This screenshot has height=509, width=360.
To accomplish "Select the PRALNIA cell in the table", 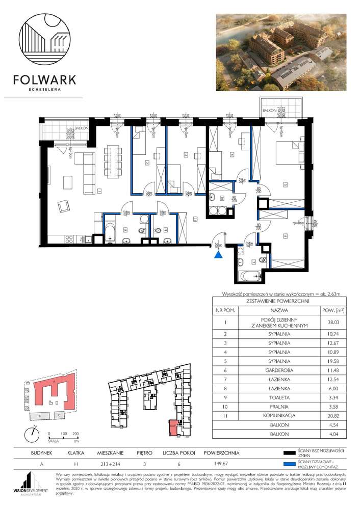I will tap(279, 406).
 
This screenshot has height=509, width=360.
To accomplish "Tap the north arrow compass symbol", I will tap(32, 433).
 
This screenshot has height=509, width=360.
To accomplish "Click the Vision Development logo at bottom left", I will tap(31, 484).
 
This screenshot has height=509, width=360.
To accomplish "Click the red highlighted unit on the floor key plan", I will tap(173, 427).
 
